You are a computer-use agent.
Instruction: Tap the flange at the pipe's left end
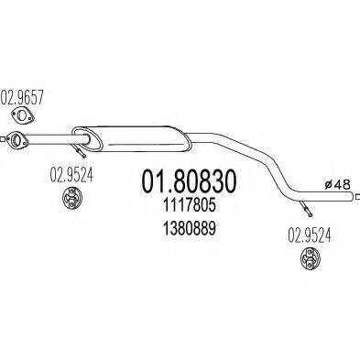[x=15, y=140]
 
